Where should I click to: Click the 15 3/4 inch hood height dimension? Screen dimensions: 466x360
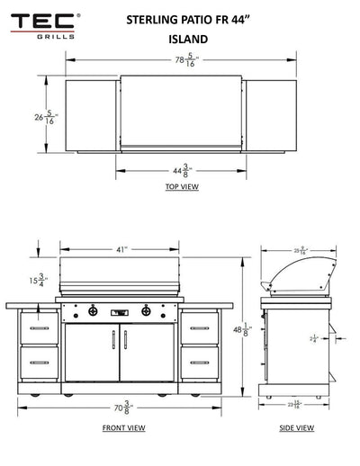pos(37,280)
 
